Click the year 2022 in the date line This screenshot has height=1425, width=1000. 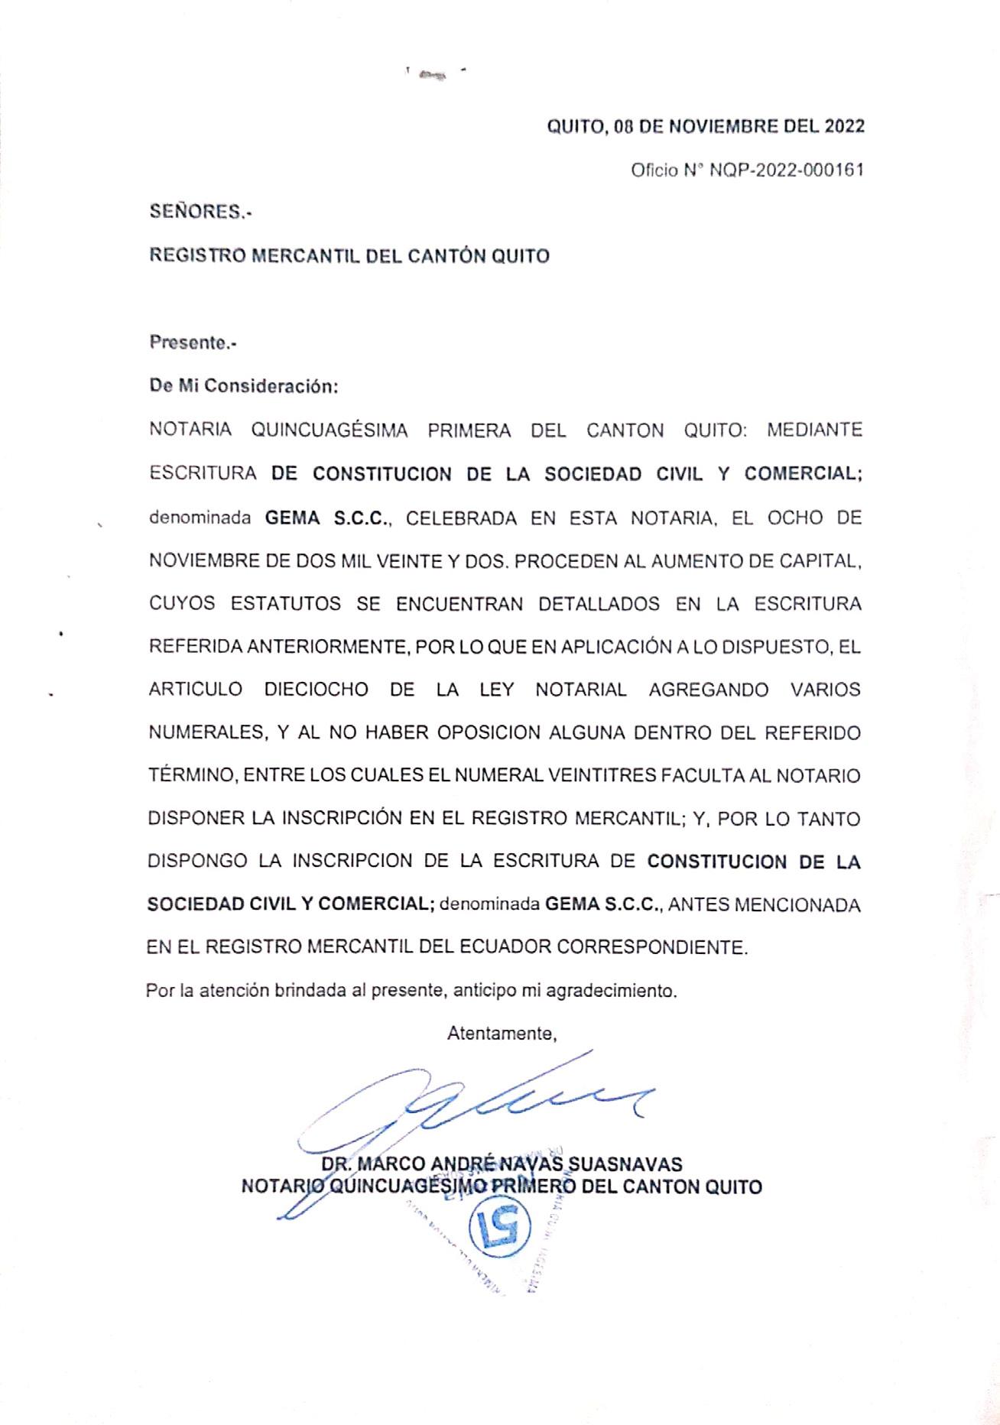844,126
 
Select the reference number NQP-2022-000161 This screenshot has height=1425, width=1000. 787,170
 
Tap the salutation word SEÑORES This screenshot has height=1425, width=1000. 199,213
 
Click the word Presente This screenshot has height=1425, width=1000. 192,342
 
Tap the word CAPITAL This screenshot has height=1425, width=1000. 820,561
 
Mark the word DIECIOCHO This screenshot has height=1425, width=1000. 316,690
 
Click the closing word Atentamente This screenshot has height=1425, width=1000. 502,1034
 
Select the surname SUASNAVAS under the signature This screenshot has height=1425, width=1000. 624,1164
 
